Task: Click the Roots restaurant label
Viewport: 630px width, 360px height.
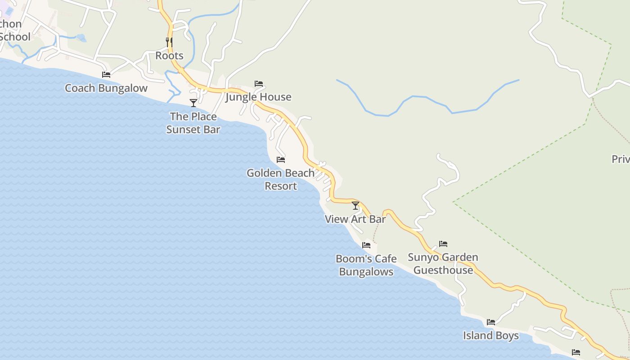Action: (169, 56)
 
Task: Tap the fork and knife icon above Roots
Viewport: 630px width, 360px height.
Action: (169, 42)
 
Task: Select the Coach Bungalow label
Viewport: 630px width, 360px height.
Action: (106, 88)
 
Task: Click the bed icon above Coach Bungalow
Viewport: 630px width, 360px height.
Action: (106, 75)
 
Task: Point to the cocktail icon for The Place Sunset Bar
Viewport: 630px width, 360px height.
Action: (193, 103)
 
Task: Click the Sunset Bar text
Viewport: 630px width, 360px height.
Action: (193, 130)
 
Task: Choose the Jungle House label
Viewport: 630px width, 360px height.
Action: (258, 97)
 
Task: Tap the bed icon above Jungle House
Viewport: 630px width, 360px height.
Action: (259, 84)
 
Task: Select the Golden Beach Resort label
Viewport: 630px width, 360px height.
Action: (281, 180)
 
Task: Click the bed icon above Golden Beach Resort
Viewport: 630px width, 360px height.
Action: (281, 160)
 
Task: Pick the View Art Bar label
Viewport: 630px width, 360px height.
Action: (355, 220)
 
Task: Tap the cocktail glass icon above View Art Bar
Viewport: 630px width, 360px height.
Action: (355, 206)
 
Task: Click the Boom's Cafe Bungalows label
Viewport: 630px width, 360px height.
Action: (366, 265)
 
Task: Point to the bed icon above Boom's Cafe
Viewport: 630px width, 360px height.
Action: (366, 245)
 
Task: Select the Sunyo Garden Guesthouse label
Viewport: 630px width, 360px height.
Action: (443, 264)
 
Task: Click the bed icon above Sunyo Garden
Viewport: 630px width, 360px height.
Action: (443, 244)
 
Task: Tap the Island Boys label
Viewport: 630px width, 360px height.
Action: (491, 336)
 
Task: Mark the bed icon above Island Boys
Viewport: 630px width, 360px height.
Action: (491, 322)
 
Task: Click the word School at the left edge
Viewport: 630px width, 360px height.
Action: (15, 37)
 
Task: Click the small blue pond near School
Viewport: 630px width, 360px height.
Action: (81, 38)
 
